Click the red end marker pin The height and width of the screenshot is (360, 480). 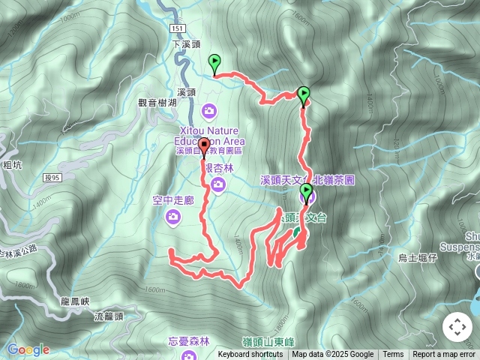click(x=204, y=146)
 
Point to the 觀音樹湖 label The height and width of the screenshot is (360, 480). click(x=157, y=103)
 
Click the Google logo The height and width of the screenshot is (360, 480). click(x=28, y=349)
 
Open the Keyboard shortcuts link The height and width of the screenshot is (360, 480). click(x=250, y=355)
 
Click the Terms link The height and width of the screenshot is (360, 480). click(x=393, y=355)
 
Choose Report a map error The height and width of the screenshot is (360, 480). click(x=444, y=355)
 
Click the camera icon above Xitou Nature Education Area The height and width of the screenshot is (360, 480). click(x=209, y=111)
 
